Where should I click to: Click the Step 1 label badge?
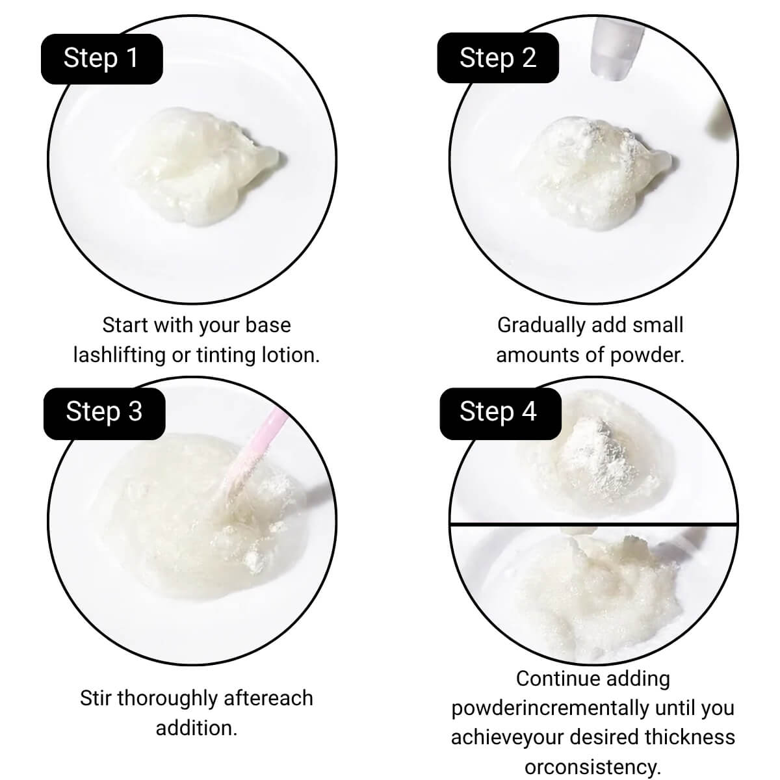point(102,58)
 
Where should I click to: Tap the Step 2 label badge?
point(498,58)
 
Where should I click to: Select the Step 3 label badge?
point(105,413)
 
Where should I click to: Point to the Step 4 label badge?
point(500,413)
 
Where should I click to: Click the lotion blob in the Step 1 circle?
point(207,166)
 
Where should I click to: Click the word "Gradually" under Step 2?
point(541,326)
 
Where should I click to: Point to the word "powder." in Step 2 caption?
point(647,356)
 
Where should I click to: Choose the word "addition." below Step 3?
point(196,728)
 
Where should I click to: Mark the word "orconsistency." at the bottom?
point(593,766)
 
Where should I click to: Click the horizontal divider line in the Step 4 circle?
point(593,525)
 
